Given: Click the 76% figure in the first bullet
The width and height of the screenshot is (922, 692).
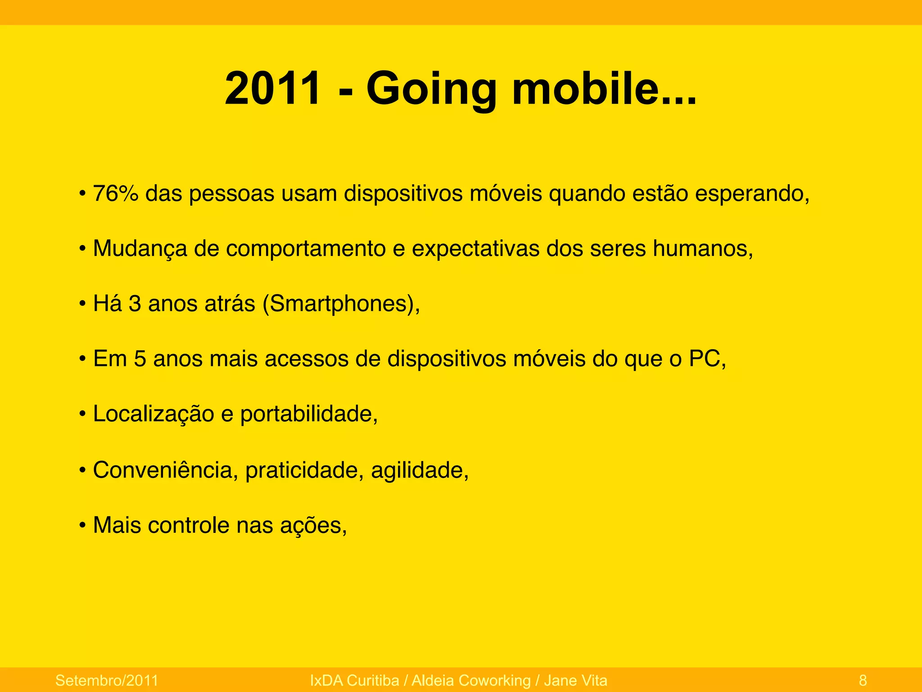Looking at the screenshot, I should click(x=115, y=194).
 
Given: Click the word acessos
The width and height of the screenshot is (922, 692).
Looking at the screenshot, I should click(x=307, y=359).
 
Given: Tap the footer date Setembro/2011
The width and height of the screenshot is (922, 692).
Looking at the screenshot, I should click(x=107, y=680).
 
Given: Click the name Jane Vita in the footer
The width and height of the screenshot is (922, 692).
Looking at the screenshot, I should click(x=575, y=680).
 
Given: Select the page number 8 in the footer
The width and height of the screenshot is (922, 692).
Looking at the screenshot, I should click(x=863, y=680).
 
